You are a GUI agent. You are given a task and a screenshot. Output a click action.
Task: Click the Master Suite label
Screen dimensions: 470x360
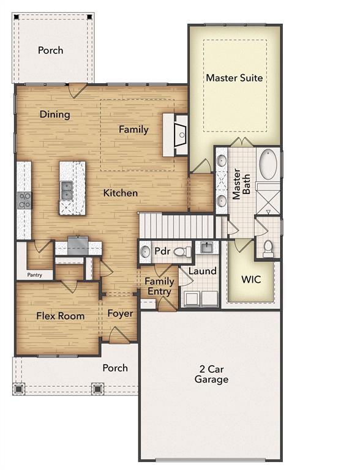click(x=234, y=78)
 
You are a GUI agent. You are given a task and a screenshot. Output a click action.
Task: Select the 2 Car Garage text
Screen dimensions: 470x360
click(x=212, y=374)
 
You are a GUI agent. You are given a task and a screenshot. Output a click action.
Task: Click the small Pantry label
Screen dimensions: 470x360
click(x=34, y=275)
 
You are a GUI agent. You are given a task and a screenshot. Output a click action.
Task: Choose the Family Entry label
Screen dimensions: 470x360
click(x=159, y=286)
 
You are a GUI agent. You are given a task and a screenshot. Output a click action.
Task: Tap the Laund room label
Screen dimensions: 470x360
click(x=202, y=270)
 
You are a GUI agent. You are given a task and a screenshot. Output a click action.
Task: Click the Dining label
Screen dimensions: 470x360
click(x=55, y=114)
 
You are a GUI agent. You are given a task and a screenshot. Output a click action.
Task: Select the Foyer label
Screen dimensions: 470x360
click(x=121, y=313)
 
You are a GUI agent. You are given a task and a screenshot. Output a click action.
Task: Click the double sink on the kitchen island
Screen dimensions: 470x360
click(x=66, y=191)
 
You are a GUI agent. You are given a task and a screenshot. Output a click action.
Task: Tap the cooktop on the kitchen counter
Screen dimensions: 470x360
click(x=24, y=201)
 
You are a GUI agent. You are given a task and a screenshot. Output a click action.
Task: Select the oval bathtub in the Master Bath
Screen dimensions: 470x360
click(x=268, y=164)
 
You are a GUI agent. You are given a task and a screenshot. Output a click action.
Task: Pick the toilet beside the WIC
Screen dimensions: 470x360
click(x=268, y=247)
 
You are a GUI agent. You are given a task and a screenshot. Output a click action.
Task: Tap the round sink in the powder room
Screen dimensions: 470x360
click(x=146, y=251)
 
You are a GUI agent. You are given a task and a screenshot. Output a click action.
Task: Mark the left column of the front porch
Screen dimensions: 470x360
click(x=18, y=388)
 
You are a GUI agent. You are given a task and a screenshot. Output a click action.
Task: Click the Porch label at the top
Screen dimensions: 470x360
click(x=50, y=50)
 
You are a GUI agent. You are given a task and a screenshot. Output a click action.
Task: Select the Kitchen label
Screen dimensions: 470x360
click(x=120, y=193)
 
